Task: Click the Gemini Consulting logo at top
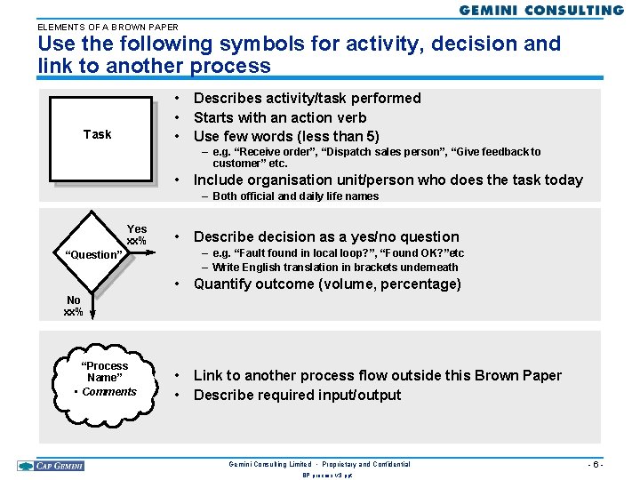(x=541, y=11)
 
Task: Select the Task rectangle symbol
(x=98, y=134)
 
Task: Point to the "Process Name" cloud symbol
(x=104, y=380)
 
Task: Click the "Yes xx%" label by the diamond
(x=137, y=235)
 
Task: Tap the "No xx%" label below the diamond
(x=73, y=306)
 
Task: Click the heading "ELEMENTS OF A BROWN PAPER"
(x=108, y=27)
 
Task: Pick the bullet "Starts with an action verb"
(x=280, y=117)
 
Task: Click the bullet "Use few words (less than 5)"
(x=286, y=136)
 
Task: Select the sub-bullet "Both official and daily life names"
(x=296, y=196)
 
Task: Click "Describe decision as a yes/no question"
(x=326, y=236)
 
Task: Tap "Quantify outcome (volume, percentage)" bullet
(x=327, y=284)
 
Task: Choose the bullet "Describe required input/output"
(x=297, y=395)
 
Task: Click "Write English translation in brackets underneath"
(x=335, y=267)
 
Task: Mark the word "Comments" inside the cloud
(x=109, y=392)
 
